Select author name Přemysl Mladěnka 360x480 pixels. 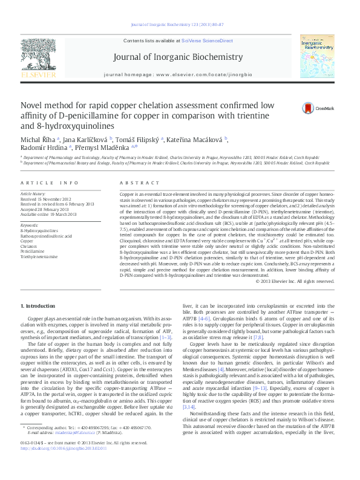(x=109, y=147)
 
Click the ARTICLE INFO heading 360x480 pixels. (x=49, y=182)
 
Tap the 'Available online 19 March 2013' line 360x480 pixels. (x=48, y=214)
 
